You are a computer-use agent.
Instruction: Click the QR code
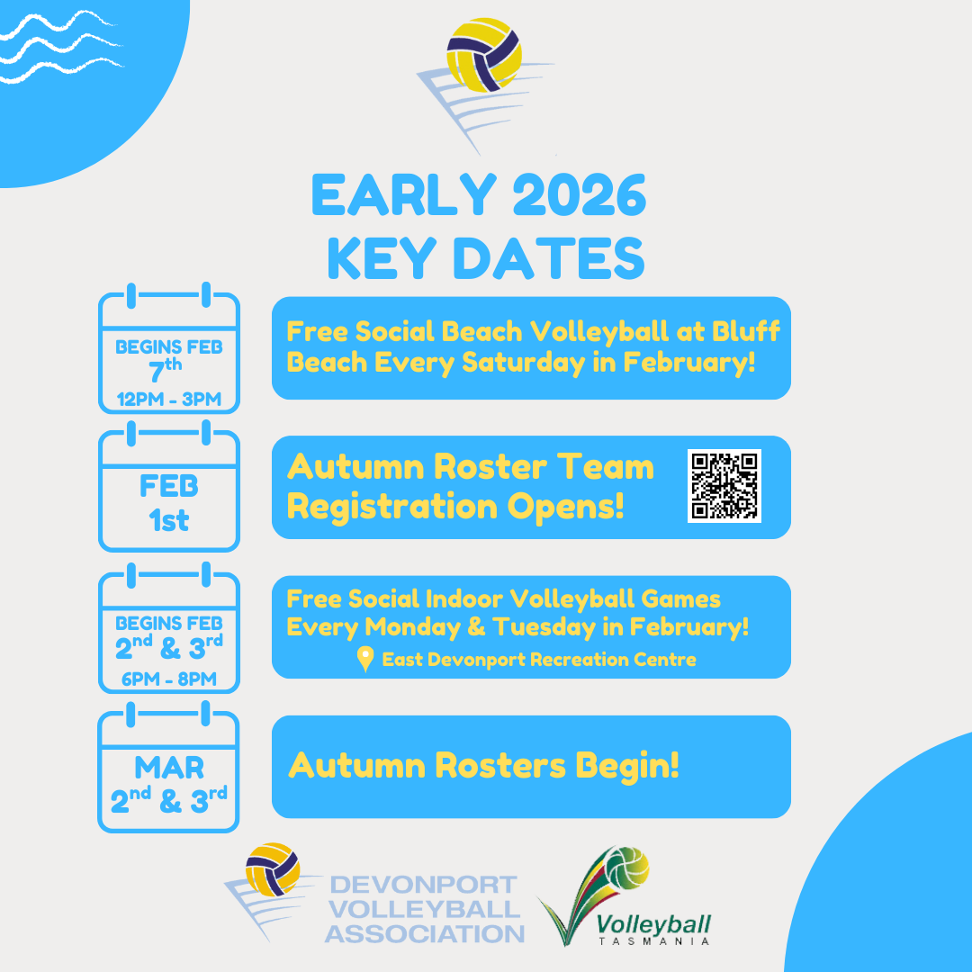(x=724, y=486)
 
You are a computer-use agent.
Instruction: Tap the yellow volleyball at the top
(x=484, y=55)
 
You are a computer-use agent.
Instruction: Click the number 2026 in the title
(x=579, y=194)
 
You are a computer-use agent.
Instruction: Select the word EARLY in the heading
(x=403, y=194)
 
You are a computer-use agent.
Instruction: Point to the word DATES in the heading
(x=549, y=258)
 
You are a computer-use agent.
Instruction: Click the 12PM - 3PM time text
(x=169, y=400)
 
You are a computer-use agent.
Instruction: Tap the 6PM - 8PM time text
(x=169, y=679)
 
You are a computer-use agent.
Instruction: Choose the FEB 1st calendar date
(x=169, y=503)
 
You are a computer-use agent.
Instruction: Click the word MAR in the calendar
(x=169, y=768)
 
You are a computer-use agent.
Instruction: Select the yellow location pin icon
(x=365, y=658)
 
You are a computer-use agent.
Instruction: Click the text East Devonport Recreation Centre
(x=539, y=660)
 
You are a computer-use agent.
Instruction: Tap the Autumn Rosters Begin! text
(x=483, y=766)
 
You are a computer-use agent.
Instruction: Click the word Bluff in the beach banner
(x=746, y=331)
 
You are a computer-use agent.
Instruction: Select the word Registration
(x=392, y=507)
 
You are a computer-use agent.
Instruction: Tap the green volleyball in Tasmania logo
(x=626, y=868)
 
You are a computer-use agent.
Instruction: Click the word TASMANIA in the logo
(x=654, y=941)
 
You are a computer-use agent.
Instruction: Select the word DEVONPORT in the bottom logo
(x=424, y=885)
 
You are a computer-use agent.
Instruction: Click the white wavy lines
(x=61, y=47)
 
